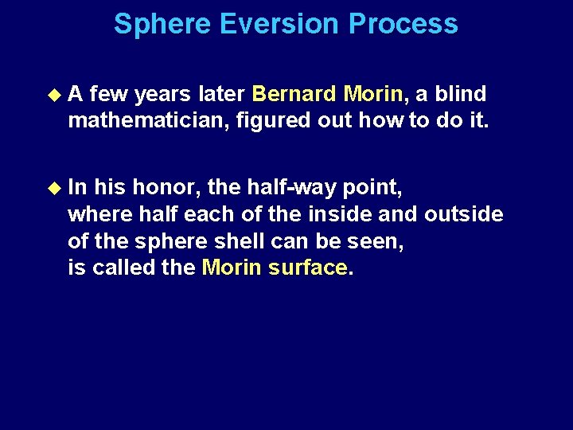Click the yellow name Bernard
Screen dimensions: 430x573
click(x=294, y=95)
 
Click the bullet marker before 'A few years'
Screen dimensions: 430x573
click(x=54, y=95)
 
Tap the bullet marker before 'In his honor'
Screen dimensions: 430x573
click(x=54, y=187)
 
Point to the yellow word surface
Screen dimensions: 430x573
click(x=308, y=268)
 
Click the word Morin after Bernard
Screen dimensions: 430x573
click(x=373, y=95)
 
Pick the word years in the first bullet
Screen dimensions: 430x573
click(x=162, y=95)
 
